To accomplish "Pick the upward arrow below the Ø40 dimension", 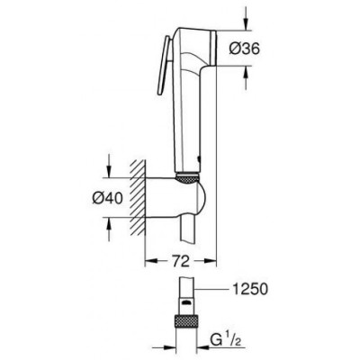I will (x=110, y=229).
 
